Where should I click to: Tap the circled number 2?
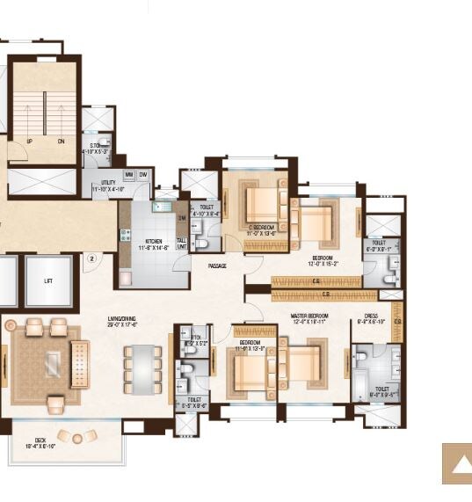point(91,259)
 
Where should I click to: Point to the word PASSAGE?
point(219,266)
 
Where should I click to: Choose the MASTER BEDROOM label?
point(310,316)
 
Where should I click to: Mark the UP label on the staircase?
point(30,141)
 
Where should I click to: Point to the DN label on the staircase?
point(61,141)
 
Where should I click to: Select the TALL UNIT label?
point(181,243)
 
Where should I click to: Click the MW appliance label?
point(128,175)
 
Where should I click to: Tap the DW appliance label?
point(142,175)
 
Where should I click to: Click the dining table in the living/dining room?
point(143,366)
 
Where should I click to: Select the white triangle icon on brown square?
point(456,464)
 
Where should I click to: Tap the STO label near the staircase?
point(94,147)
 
